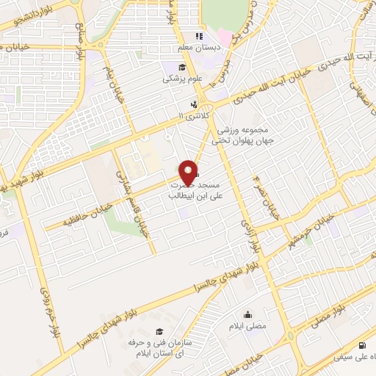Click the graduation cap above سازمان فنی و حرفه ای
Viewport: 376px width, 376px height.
160,332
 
